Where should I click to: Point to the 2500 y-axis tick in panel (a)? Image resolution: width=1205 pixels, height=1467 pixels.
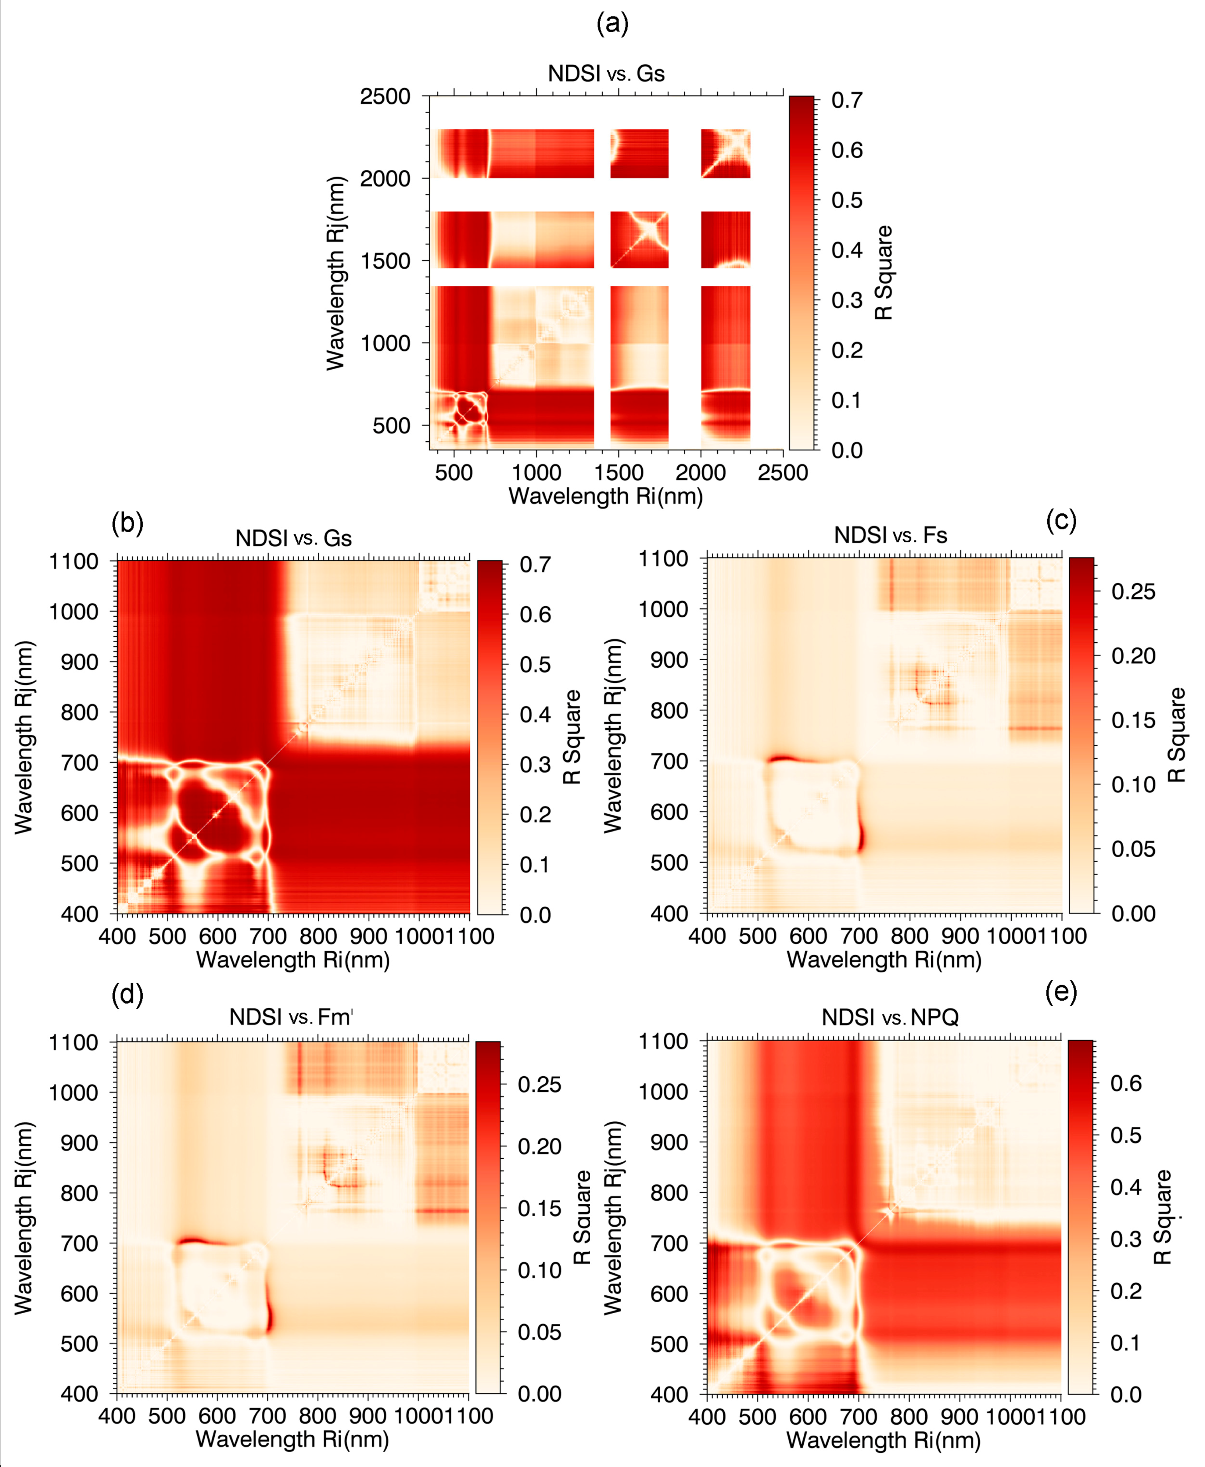click(x=385, y=96)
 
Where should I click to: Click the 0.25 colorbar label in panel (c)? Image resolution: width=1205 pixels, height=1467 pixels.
click(x=1133, y=592)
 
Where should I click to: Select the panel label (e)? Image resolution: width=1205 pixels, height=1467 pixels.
click(x=1061, y=993)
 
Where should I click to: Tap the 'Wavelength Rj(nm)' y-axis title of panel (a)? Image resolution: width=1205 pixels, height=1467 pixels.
click(x=335, y=273)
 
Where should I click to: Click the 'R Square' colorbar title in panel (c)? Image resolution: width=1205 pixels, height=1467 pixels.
click(x=1177, y=735)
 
